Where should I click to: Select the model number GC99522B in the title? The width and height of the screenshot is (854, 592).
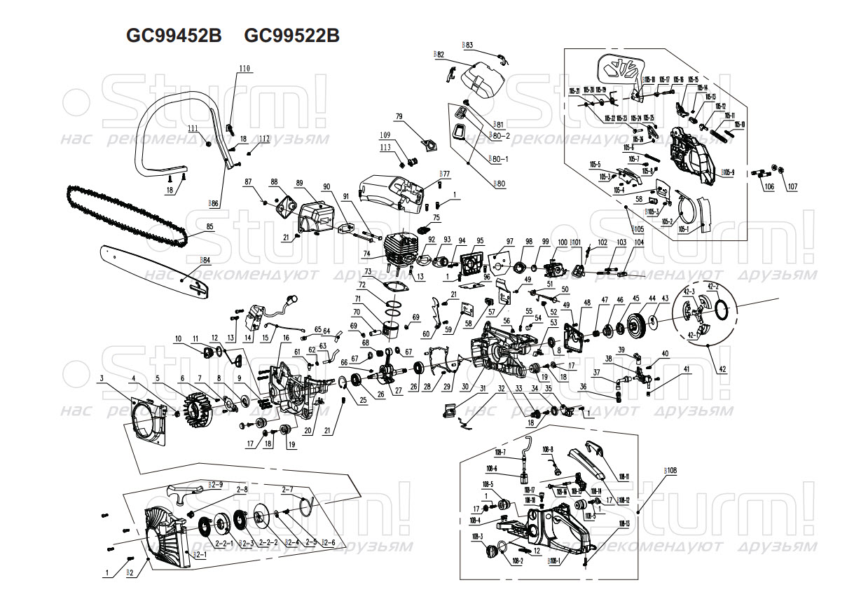click(292, 36)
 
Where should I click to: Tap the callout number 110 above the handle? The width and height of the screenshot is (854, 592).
click(244, 68)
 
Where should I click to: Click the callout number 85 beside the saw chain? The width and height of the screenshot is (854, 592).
click(209, 226)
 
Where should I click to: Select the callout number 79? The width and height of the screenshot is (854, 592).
click(399, 116)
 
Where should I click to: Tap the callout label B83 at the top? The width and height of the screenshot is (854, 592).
click(468, 44)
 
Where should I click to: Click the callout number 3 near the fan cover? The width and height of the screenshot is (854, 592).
click(102, 379)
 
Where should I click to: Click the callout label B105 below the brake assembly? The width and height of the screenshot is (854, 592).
click(637, 229)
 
